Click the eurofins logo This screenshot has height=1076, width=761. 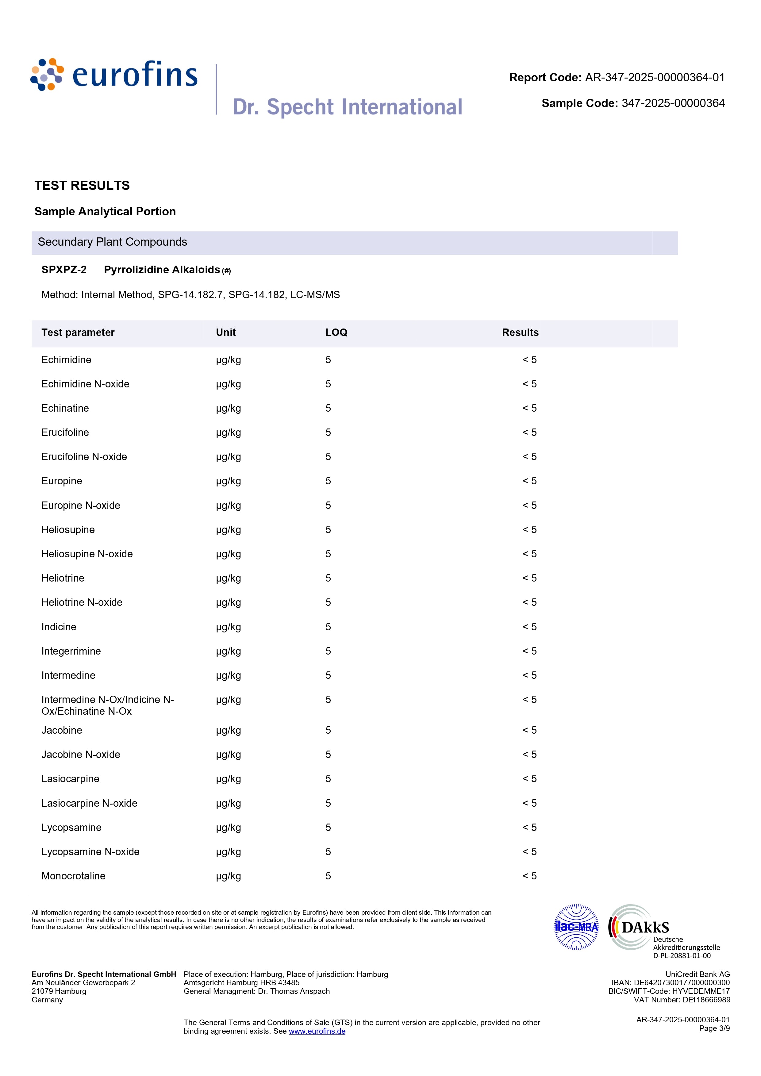[114, 75]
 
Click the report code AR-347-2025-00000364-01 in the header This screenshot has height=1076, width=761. [654, 78]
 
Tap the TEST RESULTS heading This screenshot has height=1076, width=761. [82, 186]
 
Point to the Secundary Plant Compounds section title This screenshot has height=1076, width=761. [113, 242]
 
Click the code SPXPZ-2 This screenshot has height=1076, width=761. [64, 270]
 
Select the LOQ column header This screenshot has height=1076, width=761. [336, 333]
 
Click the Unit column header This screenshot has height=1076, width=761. [225, 333]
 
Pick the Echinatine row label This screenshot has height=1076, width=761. [65, 408]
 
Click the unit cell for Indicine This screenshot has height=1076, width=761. [228, 627]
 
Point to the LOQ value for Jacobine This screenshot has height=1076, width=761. [328, 730]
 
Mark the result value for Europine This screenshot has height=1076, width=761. [529, 481]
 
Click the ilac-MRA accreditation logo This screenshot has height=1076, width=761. [576, 927]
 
